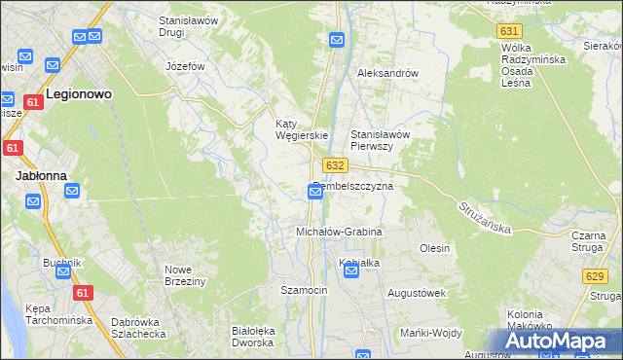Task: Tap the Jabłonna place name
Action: pos(40,176)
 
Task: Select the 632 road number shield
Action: pos(336,165)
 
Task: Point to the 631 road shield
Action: pos(508,31)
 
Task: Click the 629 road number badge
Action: pos(596,277)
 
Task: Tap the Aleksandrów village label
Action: pos(387,73)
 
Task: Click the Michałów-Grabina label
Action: pos(339,233)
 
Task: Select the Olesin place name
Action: pos(434,248)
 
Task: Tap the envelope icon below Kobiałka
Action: pos(351,271)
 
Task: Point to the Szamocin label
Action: pos(304,290)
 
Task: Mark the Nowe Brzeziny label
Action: pos(185,274)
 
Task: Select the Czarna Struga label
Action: pos(589,241)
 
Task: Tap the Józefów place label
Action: pos(185,66)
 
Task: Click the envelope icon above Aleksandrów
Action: pos(337,40)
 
